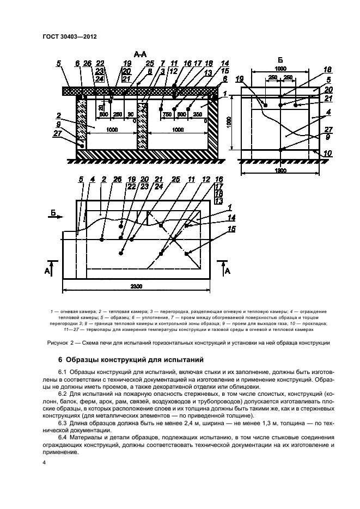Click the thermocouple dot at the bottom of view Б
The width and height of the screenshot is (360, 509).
click(x=280, y=149)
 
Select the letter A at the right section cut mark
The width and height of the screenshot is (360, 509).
click(x=228, y=269)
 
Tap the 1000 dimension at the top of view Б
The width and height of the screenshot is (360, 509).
click(x=280, y=70)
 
